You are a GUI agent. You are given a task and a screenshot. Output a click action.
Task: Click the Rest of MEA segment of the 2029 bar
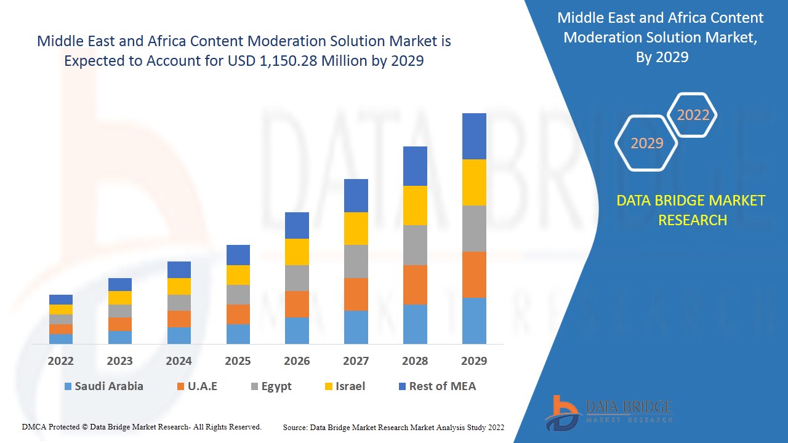click(474, 136)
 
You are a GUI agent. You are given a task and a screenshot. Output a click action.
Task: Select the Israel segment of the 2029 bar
click(474, 182)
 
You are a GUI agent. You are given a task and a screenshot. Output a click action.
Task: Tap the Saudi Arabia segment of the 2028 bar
click(415, 324)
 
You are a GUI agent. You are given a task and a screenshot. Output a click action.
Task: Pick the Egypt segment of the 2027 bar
click(356, 261)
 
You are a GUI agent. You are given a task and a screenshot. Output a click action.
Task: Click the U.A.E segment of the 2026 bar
click(297, 304)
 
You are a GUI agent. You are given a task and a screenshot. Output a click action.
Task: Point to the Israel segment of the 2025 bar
click(238, 275)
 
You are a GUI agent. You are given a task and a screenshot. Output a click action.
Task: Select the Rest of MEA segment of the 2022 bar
click(61, 300)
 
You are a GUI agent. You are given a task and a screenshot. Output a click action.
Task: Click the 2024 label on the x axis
click(179, 361)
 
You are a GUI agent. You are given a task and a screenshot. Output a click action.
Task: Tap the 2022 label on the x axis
click(61, 361)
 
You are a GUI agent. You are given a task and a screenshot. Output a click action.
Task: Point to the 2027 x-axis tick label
click(356, 361)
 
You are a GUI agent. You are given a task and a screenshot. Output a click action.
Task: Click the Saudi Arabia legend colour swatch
click(68, 386)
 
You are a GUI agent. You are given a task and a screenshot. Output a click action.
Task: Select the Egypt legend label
click(276, 386)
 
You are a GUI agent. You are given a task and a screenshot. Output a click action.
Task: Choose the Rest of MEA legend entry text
click(442, 386)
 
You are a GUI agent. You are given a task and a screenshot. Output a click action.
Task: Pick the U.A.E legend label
click(203, 386)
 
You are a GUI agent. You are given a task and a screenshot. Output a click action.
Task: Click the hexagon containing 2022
click(693, 115)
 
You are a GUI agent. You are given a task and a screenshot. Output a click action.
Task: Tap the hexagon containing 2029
click(646, 143)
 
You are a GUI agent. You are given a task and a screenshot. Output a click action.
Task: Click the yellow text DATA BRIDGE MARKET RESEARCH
click(693, 210)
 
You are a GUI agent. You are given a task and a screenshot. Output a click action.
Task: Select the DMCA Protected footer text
click(142, 426)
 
